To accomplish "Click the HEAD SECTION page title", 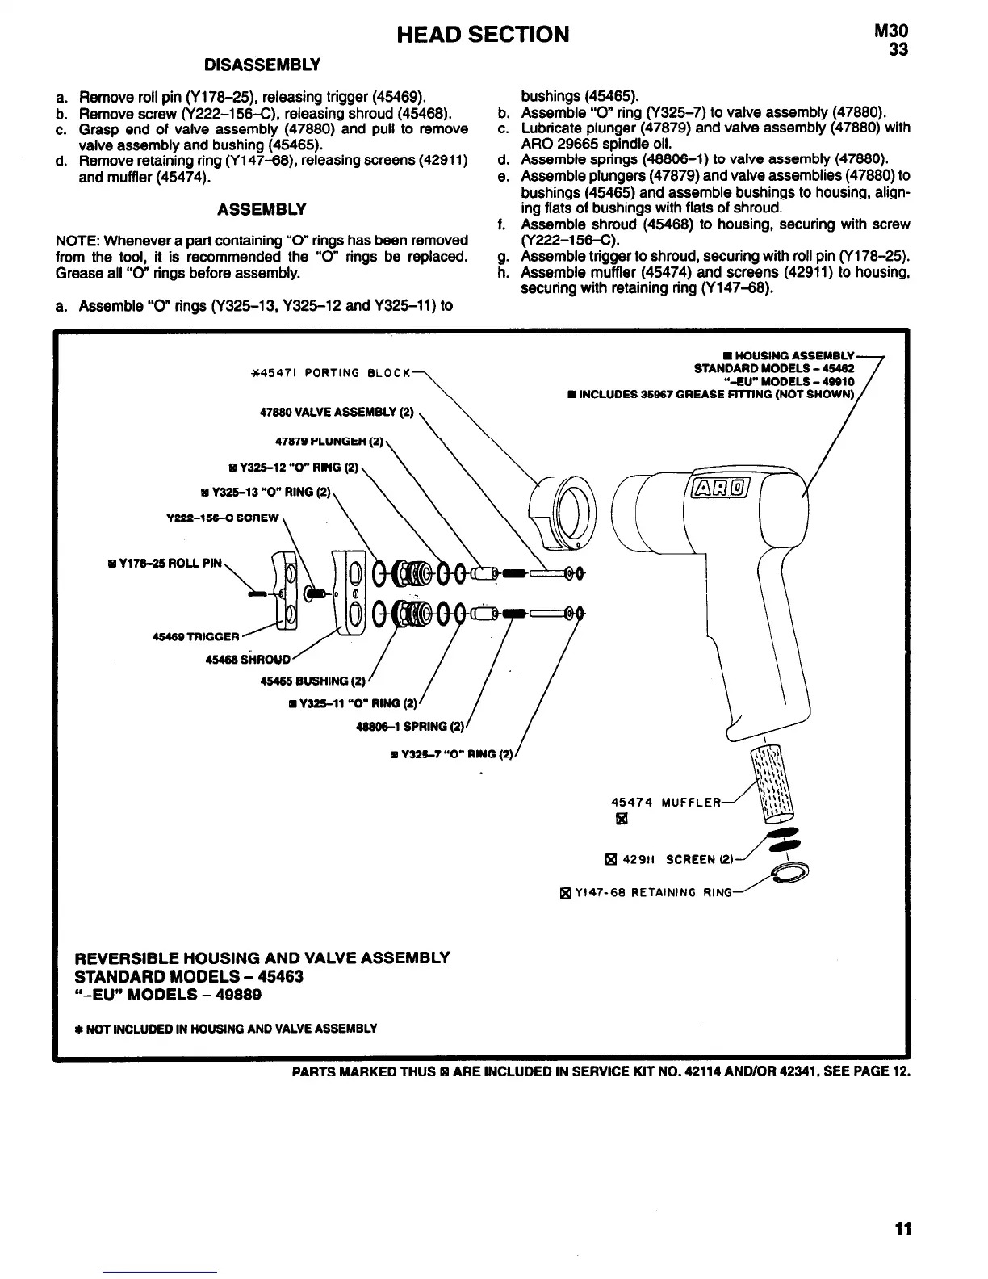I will pyautogui.click(x=483, y=34).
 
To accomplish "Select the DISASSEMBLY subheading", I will pyautogui.click(x=262, y=65).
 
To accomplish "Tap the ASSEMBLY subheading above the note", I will pyautogui.click(x=262, y=210).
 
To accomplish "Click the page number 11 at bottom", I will pyautogui.click(x=902, y=1229).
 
